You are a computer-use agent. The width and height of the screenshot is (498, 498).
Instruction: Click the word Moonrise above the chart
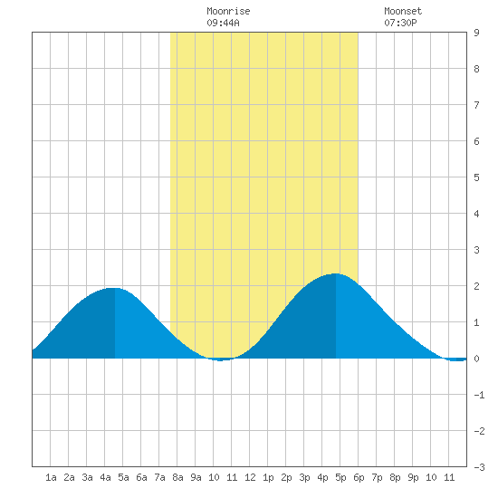(228, 11)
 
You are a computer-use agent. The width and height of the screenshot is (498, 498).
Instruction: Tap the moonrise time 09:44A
(223, 23)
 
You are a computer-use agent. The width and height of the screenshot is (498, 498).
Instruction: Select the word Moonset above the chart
(403, 11)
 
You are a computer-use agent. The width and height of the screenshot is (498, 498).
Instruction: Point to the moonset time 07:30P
(400, 23)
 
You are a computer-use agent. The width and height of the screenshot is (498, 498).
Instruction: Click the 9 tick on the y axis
(476, 33)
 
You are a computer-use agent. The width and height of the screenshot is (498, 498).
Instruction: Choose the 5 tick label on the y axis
(476, 177)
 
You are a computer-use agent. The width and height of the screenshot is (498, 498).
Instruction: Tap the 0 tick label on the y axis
(476, 359)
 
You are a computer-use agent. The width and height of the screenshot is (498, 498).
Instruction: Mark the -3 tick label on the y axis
(479, 467)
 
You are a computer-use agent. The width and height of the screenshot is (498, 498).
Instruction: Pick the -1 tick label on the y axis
(479, 395)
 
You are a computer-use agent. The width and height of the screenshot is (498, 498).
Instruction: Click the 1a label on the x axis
(51, 477)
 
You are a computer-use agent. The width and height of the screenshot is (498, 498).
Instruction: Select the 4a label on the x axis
(105, 477)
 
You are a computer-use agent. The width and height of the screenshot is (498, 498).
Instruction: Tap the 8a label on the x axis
(177, 477)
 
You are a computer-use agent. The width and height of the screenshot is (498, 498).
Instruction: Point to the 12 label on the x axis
(250, 477)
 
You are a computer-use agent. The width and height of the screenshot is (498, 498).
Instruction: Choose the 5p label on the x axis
(340, 477)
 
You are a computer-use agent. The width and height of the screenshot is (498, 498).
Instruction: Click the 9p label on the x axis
(413, 477)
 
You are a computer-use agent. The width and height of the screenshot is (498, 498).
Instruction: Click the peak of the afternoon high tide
(336, 273)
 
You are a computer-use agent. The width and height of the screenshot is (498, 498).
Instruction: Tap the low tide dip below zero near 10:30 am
(221, 359)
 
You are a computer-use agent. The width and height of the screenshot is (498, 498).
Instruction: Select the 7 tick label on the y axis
(476, 105)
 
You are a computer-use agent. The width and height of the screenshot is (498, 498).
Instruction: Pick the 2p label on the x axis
(286, 477)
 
